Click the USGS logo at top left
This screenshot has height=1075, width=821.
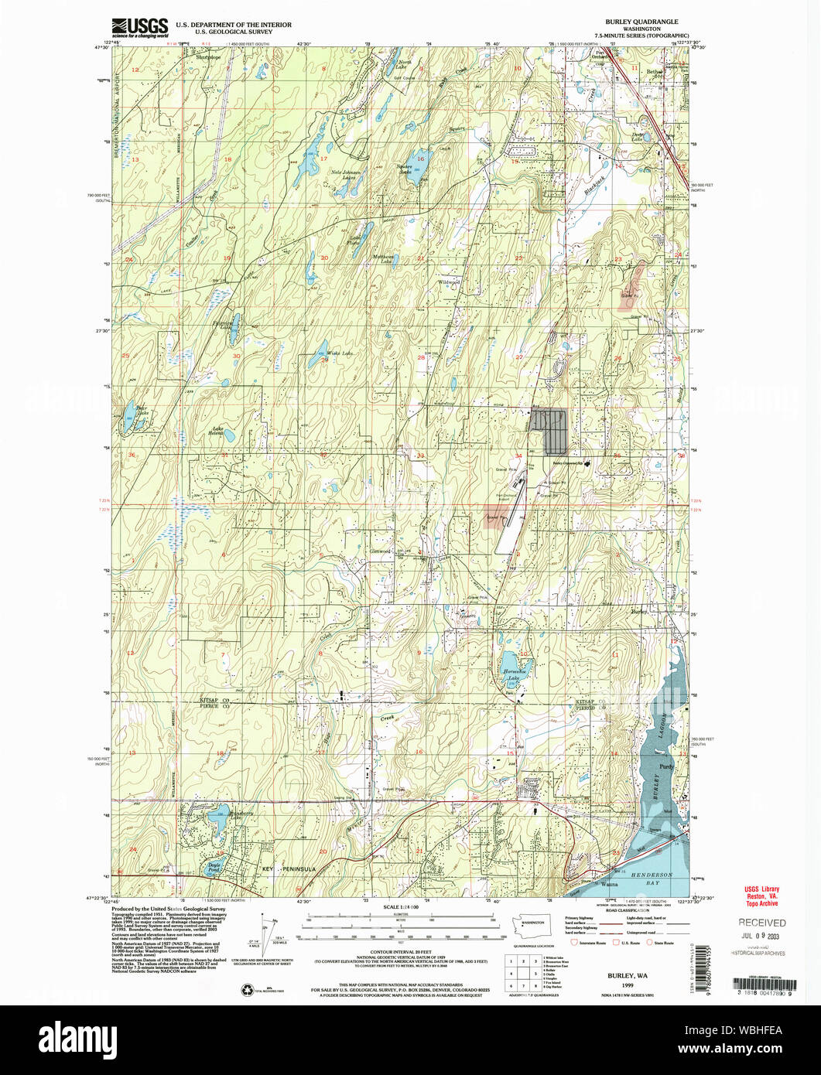click(139, 28)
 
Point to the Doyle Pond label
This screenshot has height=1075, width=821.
click(211, 868)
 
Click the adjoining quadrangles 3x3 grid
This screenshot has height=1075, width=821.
click(523, 972)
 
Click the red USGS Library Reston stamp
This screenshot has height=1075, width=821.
click(761, 896)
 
